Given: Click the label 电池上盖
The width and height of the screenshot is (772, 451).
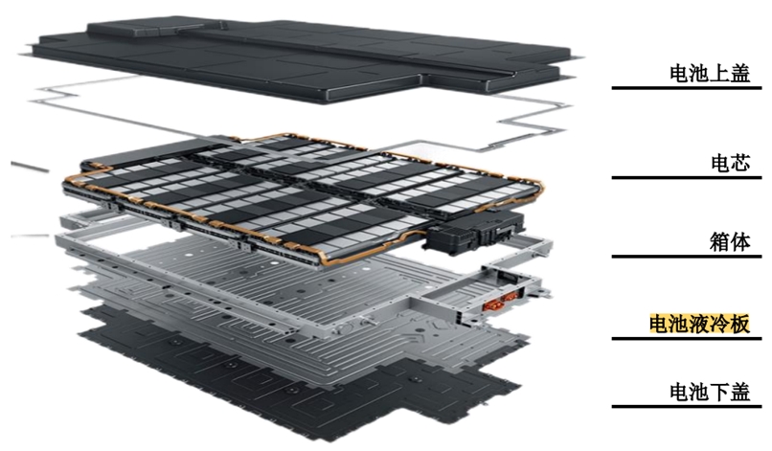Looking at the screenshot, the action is (710, 73).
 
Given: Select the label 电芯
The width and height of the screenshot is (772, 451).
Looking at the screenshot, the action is (730, 163).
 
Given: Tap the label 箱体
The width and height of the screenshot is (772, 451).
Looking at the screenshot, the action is (730, 241).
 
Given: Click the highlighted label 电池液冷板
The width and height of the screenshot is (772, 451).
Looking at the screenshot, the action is (699, 324).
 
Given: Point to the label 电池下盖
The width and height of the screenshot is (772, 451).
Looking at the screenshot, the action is (710, 392).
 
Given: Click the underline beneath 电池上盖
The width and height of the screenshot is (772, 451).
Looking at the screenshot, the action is (687, 88).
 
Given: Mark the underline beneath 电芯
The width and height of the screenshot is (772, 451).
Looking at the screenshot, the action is (687, 177).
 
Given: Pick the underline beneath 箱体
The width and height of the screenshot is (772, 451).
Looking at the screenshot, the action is (687, 257).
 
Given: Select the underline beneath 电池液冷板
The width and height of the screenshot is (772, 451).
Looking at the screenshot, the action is (687, 339).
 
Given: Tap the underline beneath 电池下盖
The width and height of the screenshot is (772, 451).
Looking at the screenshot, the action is (687, 407).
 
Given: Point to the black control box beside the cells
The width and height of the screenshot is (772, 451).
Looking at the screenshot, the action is (475, 232).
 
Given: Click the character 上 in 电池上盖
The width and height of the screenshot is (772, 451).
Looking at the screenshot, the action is (720, 73).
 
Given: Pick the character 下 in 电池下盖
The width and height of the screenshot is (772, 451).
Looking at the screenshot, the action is (720, 392).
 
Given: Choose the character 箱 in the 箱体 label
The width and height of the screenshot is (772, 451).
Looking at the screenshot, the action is (720, 241).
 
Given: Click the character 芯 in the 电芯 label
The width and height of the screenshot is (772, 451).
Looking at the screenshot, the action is (740, 163).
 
